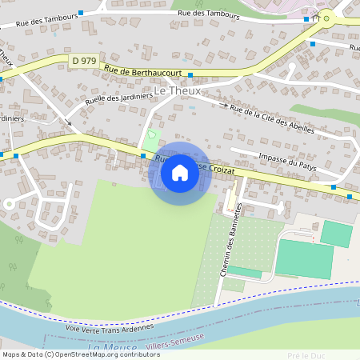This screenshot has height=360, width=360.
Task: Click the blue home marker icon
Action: (179, 172)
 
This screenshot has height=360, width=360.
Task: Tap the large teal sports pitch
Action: (304, 258)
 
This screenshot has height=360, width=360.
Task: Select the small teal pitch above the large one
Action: (336, 233)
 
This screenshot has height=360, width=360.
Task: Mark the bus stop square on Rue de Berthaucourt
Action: (190, 75)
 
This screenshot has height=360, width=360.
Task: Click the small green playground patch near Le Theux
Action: (153, 137)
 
